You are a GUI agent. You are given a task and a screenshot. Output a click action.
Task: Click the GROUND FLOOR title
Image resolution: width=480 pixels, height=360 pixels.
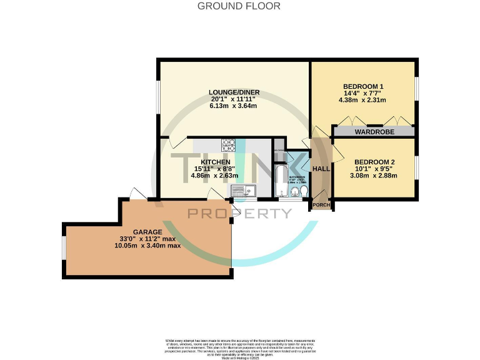[x=239, y=6]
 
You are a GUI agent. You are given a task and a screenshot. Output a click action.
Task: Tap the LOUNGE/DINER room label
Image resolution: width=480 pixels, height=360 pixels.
[x=234, y=92]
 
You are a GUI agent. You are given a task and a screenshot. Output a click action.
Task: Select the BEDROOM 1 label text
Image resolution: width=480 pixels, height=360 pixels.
[x=363, y=86]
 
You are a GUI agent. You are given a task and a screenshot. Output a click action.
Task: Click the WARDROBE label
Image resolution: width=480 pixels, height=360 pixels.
[x=373, y=132]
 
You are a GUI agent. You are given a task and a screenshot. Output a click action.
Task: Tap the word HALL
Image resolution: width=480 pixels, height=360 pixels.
[x=321, y=169]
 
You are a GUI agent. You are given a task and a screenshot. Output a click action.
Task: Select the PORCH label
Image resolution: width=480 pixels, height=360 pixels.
[x=321, y=205]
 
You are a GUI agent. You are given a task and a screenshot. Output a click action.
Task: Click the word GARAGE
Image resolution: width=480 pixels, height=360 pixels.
[x=147, y=231]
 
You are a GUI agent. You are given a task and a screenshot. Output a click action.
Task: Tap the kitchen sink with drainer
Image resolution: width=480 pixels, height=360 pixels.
[x=244, y=191]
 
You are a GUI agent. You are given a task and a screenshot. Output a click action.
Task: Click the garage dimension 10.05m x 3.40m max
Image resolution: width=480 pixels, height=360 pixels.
[x=147, y=246]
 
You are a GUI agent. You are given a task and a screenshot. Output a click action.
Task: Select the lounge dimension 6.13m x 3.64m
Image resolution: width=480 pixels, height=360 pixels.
[x=234, y=106]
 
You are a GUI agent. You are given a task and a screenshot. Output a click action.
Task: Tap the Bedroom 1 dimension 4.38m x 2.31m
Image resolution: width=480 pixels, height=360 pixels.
[x=363, y=100]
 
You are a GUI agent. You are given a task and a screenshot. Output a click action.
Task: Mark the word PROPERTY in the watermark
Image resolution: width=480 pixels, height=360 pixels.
[x=240, y=214]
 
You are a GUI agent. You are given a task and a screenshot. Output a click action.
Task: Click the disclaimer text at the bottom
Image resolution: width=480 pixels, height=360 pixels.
[x=239, y=349]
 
